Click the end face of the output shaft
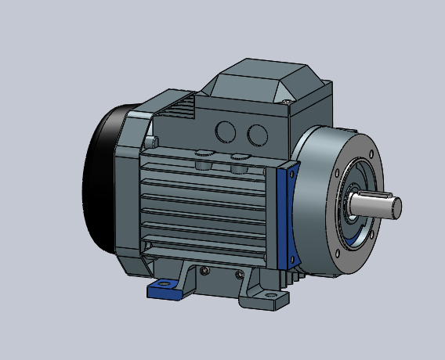pyautogui.click(x=396, y=207)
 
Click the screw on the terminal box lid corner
pyautogui.click(x=288, y=100)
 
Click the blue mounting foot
pyautogui.click(x=168, y=290)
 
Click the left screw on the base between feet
pyautogui.click(x=205, y=271)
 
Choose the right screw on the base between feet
pyautogui.click(x=239, y=274)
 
